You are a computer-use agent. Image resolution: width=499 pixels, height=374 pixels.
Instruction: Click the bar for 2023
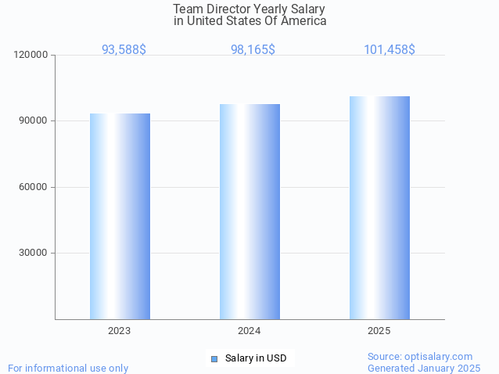120,216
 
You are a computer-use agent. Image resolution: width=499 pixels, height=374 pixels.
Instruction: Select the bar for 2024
249,211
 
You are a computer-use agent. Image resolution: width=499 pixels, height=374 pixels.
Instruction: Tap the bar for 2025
379,207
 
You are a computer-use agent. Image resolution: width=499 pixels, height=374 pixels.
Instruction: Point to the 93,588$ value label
124,49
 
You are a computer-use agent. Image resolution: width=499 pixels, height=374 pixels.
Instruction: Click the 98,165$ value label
253,49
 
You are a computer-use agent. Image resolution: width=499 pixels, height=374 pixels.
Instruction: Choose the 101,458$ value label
389,49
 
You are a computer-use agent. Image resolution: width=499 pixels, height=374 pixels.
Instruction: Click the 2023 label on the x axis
120,331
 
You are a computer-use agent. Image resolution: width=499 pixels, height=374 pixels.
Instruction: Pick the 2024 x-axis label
249,331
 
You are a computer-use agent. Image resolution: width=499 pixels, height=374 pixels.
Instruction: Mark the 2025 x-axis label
379,331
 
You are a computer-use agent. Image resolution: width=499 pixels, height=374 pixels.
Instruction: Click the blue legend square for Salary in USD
214,358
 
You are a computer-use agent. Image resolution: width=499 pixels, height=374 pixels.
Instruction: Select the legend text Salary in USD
256,358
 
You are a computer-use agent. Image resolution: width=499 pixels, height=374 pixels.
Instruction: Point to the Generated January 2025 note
424,368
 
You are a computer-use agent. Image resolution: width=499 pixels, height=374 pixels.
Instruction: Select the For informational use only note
68,368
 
